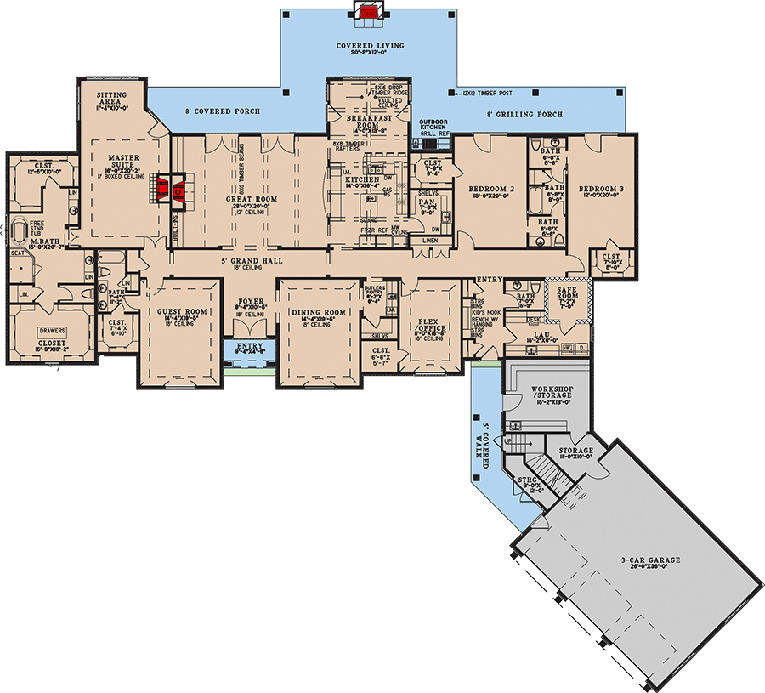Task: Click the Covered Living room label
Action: (x=370, y=46)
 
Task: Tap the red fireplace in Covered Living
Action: (x=370, y=12)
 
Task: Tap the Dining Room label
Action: (x=319, y=313)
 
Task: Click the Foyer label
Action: (x=250, y=302)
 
